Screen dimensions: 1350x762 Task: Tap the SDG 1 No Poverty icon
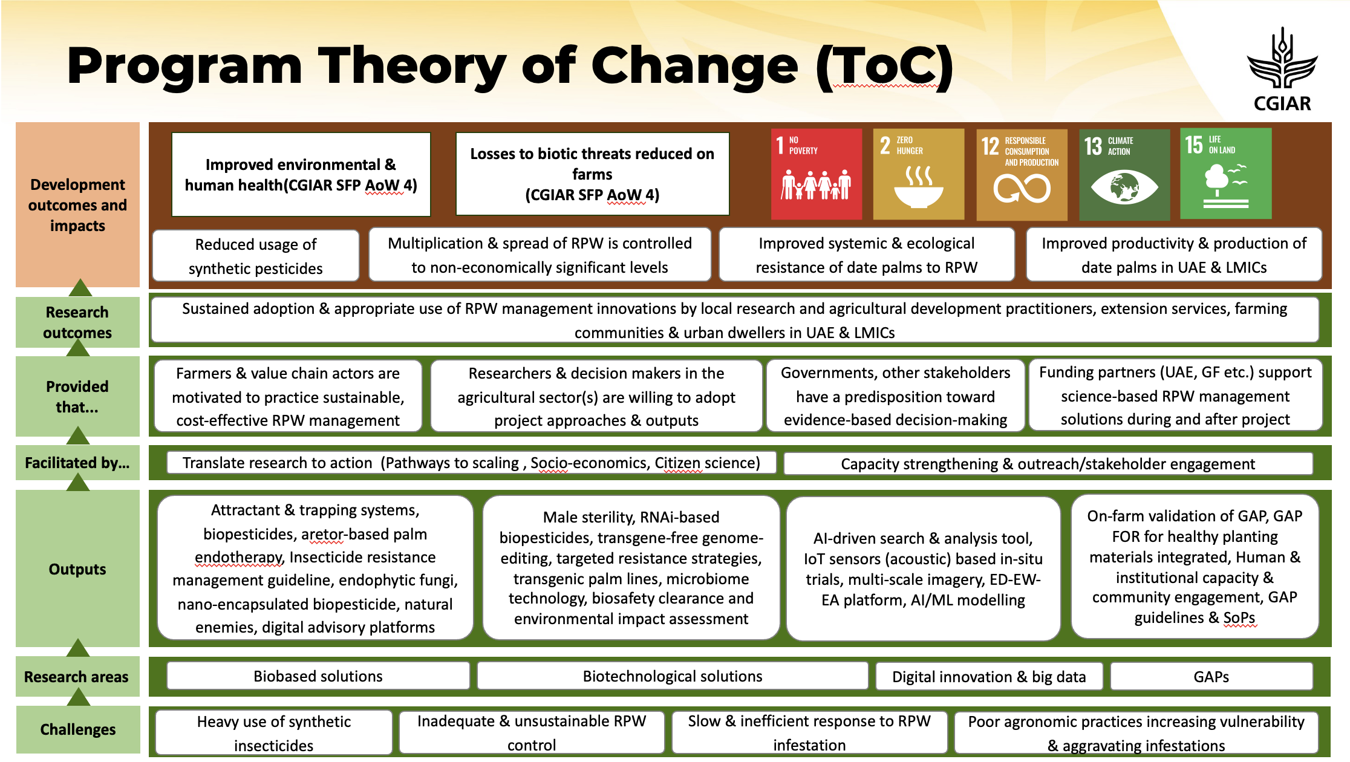click(x=816, y=174)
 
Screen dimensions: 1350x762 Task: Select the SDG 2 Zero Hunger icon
click(x=918, y=174)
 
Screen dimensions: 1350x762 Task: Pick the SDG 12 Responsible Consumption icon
click(x=1022, y=174)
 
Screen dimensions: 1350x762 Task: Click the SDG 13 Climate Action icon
click(x=1124, y=174)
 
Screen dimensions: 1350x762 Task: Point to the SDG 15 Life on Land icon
click(x=1225, y=173)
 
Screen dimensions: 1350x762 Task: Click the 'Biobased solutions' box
click(x=318, y=676)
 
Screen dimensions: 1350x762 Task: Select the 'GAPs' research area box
click(x=1211, y=676)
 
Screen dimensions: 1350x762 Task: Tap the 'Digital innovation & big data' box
click(x=989, y=676)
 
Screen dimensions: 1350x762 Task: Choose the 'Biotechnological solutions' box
click(x=673, y=676)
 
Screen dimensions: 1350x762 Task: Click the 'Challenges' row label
click(x=77, y=729)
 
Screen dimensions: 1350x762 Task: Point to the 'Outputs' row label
click(x=77, y=568)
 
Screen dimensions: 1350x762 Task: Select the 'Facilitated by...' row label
click(x=77, y=463)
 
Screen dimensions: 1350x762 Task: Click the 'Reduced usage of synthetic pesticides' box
click(x=256, y=255)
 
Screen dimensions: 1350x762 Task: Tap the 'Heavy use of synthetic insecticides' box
click(x=274, y=732)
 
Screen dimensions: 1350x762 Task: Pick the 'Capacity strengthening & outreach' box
click(x=1048, y=463)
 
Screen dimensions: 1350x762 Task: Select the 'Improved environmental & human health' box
click(x=301, y=174)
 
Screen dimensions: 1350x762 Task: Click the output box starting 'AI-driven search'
click(x=923, y=568)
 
